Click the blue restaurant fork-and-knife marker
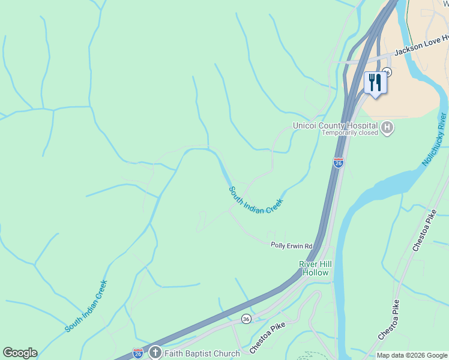[375, 83]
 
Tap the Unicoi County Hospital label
[335, 125]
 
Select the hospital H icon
[388, 128]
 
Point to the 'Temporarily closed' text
[349, 133]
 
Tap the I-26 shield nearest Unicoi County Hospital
[339, 163]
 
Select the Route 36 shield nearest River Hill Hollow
[246, 318]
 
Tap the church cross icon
[155, 353]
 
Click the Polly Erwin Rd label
[292, 246]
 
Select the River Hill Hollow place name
[316, 268]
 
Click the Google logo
[20, 353]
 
